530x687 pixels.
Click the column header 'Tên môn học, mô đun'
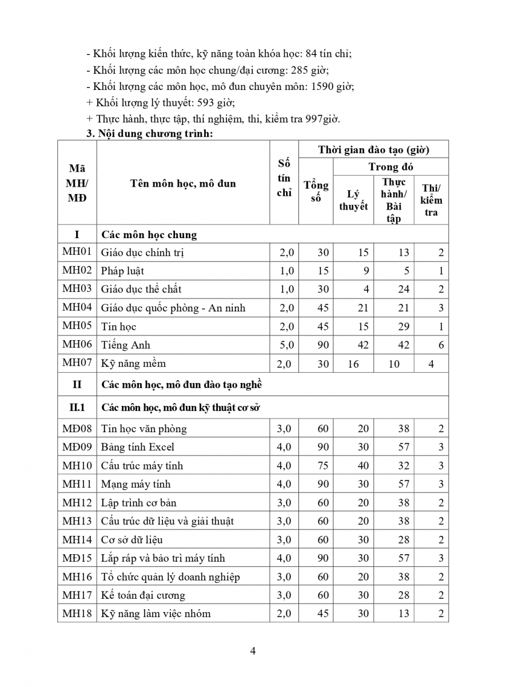[183, 184]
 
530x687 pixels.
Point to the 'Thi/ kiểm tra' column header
[431, 200]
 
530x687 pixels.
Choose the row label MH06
[77, 345]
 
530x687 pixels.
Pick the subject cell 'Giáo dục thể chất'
[141, 289]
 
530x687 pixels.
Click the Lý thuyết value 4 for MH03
[366, 289]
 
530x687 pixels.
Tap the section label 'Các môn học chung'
[149, 235]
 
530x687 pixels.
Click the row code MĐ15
[77, 558]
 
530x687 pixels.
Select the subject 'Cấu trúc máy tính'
[142, 465]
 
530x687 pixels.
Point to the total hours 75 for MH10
[323, 465]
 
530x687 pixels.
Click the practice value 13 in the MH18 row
[404, 614]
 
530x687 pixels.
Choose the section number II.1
[77, 408]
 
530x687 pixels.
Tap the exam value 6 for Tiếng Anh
[441, 345]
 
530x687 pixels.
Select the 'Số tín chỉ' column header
[284, 177]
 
